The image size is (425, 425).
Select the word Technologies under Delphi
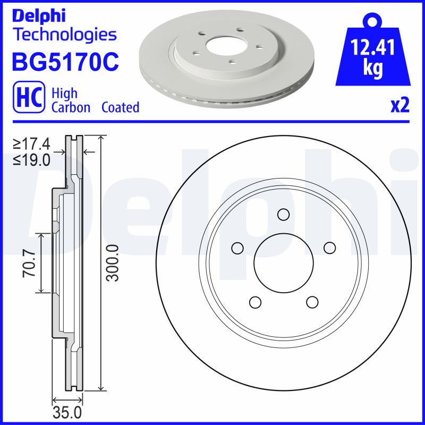click(64, 35)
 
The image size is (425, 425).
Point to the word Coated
click(120, 107)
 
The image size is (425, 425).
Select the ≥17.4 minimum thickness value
click(32, 143)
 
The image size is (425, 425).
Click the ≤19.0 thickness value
click(32, 159)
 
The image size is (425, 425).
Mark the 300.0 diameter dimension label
click(112, 263)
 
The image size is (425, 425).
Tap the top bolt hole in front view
click(283, 215)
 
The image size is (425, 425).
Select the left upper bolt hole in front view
click(237, 248)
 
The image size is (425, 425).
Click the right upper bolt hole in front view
click(329, 248)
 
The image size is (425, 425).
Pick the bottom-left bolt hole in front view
click(255, 302)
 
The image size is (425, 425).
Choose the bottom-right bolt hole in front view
click(312, 302)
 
